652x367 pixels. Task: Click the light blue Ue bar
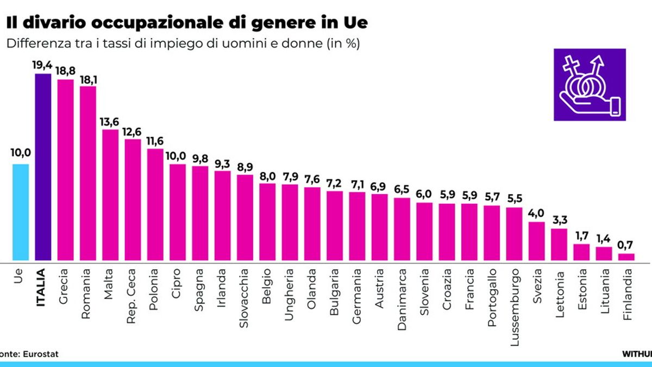pyautogui.click(x=21, y=213)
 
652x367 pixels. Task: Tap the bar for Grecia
pyautogui.click(x=65, y=170)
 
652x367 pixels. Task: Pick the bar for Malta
pyautogui.click(x=110, y=195)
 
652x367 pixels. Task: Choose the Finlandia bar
pyautogui.click(x=626, y=257)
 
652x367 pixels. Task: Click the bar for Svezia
pyautogui.click(x=536, y=241)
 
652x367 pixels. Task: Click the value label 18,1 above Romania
pyautogui.click(x=88, y=79)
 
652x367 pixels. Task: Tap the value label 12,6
pyautogui.click(x=133, y=132)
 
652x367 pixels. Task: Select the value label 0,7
pyautogui.click(x=626, y=246)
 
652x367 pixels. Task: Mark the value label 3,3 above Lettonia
pyautogui.click(x=559, y=221)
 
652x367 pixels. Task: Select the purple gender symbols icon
pyautogui.click(x=590, y=85)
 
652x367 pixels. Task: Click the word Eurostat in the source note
pyautogui.click(x=40, y=354)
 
